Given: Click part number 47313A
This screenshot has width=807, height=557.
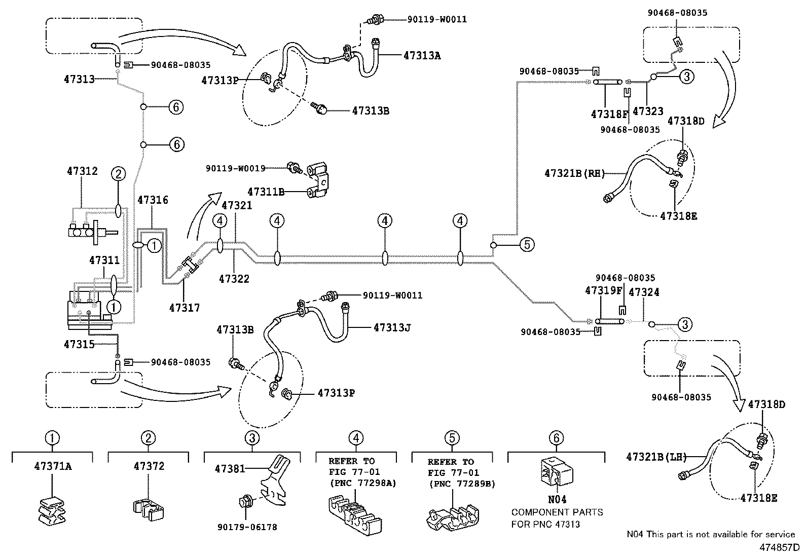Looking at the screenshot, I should [x=422, y=56].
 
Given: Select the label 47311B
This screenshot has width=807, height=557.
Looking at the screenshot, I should [x=266, y=192].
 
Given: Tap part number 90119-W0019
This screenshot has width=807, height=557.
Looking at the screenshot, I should [x=236, y=168].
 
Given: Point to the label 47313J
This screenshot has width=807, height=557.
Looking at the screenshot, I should [x=392, y=328].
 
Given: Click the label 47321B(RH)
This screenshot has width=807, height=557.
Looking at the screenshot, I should [x=575, y=173].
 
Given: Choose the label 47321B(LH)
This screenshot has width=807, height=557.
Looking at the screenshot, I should [x=656, y=457].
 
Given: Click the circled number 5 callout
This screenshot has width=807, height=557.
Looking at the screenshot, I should [x=527, y=245].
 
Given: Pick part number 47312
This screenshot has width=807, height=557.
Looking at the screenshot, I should [x=82, y=172].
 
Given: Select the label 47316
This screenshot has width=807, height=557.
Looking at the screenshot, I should [x=153, y=201].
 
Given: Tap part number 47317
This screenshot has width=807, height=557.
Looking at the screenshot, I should [x=184, y=308].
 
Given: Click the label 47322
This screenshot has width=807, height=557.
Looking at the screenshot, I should [x=234, y=279].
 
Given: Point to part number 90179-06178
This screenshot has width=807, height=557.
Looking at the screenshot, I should [x=246, y=527].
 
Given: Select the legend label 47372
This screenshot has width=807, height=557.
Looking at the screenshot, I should [x=149, y=466].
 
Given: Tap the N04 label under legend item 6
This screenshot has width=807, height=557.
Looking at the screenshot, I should [x=558, y=500].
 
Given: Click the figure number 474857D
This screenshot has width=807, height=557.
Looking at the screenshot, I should [x=779, y=548].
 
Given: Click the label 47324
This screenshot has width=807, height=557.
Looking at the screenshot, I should [x=644, y=292].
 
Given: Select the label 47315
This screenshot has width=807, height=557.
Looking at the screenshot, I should [x=79, y=344].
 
